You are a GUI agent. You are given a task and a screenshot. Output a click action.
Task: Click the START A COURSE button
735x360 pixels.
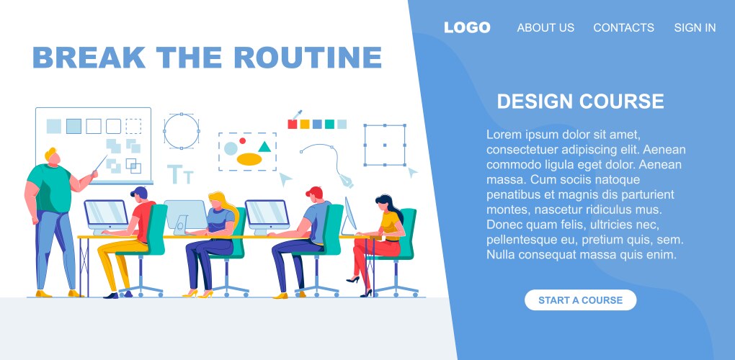point(580,300)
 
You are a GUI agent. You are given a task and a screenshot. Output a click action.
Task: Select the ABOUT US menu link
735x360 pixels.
point(545,28)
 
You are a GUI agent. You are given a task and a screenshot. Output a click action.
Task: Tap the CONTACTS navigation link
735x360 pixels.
point(623,28)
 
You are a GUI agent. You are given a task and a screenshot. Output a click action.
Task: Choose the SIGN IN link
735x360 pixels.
point(695,28)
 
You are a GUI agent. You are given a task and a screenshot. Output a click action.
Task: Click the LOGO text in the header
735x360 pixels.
point(467,28)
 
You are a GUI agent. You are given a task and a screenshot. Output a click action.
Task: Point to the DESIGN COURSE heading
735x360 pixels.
point(580,102)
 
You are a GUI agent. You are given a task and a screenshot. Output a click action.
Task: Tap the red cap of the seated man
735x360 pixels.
point(314,192)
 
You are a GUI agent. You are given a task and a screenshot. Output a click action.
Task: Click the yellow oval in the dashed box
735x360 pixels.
point(249,159)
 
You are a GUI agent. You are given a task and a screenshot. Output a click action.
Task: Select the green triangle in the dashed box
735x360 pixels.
point(264,147)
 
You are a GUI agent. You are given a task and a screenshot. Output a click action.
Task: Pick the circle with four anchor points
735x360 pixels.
point(181,131)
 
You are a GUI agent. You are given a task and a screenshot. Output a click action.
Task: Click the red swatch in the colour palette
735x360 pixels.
point(293,124)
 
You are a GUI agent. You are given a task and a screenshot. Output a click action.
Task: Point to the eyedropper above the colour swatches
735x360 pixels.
point(295,114)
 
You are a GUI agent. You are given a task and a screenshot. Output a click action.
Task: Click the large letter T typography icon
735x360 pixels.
point(175,174)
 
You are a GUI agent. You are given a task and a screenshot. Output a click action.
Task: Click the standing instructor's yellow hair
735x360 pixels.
point(51,153)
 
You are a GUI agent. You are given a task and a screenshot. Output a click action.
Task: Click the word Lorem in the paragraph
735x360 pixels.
point(502,135)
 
